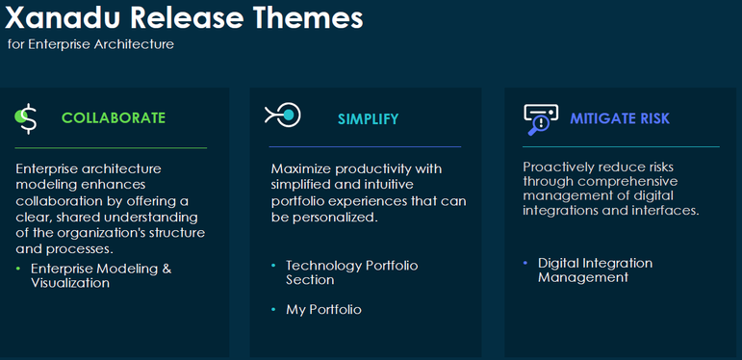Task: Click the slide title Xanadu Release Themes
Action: click(x=185, y=17)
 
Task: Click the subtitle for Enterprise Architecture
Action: click(x=90, y=44)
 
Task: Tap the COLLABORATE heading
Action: click(x=114, y=117)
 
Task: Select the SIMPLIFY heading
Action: click(x=368, y=118)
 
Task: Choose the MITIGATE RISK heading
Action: click(x=620, y=118)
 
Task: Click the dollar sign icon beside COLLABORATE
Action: click(x=27, y=117)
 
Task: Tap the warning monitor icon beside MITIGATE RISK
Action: click(x=540, y=118)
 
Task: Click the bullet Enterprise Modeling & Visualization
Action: click(x=100, y=275)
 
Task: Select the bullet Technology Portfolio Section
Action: click(x=351, y=272)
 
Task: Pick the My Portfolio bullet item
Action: click(x=323, y=309)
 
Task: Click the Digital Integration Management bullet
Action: click(x=595, y=270)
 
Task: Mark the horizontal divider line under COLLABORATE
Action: click(x=111, y=148)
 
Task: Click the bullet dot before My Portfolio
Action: click(x=273, y=309)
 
